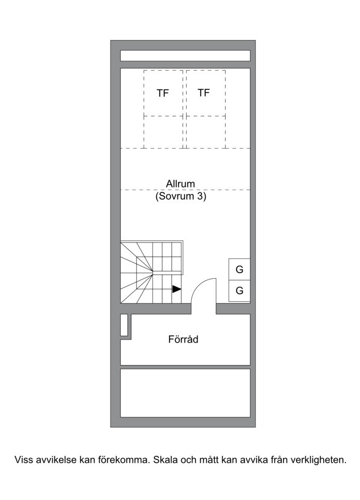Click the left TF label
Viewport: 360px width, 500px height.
pyautogui.click(x=162, y=93)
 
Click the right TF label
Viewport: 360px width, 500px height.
pyautogui.click(x=203, y=93)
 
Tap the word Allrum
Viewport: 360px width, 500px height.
pyautogui.click(x=181, y=184)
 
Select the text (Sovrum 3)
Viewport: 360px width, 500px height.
pyautogui.click(x=181, y=196)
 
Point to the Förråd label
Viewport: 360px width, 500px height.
pyautogui.click(x=183, y=339)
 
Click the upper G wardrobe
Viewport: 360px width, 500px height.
pyautogui.click(x=239, y=269)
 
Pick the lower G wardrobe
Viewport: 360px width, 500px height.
pyautogui.click(x=239, y=291)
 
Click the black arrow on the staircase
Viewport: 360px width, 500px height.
pyautogui.click(x=177, y=289)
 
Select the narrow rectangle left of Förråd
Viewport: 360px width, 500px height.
pyautogui.click(x=124, y=325)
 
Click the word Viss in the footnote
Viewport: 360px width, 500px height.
pyautogui.click(x=23, y=460)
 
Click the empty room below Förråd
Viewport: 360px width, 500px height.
pyautogui.click(x=185, y=393)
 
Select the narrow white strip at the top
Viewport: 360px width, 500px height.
pyautogui.click(x=185, y=56)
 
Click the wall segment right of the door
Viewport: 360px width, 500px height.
pyautogui.click(x=233, y=309)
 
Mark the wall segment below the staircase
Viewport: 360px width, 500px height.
pyautogui.click(x=156, y=309)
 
